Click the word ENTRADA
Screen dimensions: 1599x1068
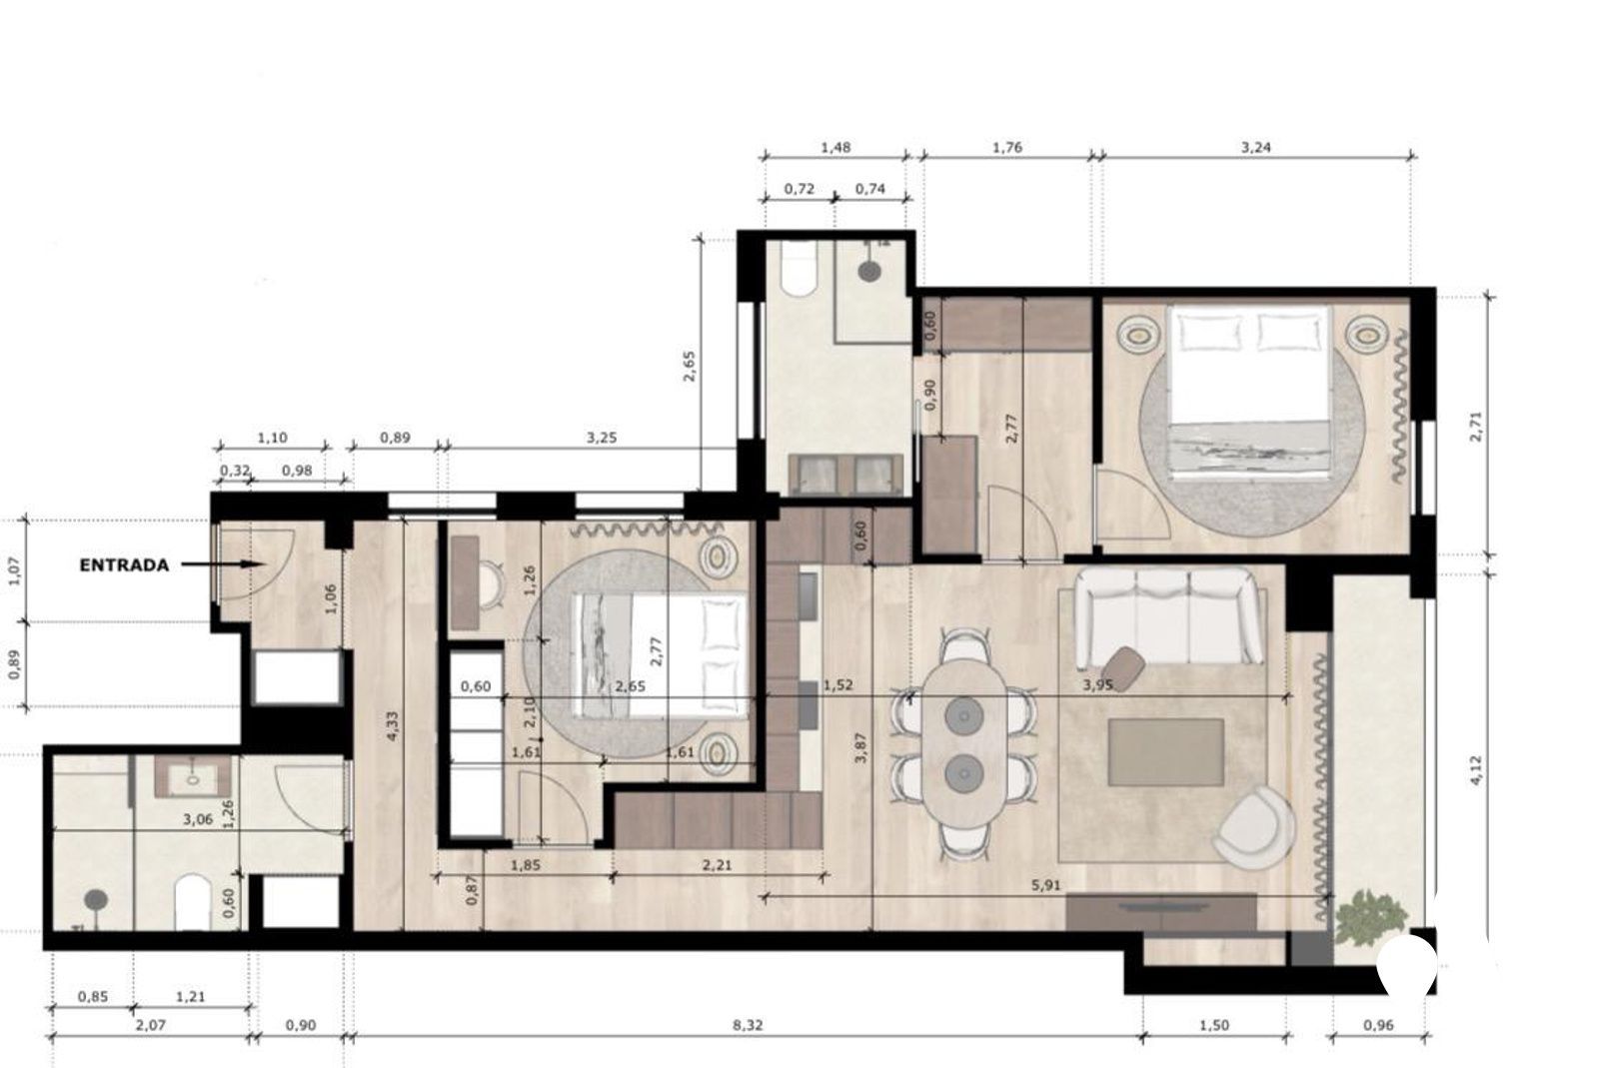coord(124,565)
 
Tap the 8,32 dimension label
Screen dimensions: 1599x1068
coord(748,1025)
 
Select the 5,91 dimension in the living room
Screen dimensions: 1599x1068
coord(1045,885)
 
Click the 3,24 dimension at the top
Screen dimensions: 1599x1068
coord(1255,148)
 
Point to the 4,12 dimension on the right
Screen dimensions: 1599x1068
coord(1475,770)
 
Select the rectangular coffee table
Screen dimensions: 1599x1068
coord(1165,752)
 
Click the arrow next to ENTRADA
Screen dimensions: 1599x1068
coord(223,564)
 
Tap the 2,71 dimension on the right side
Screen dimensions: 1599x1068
coord(1475,426)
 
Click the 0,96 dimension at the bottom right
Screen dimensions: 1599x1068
coord(1378,1025)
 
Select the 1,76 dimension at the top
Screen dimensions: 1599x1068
coord(1007,148)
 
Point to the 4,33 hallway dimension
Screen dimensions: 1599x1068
coord(392,726)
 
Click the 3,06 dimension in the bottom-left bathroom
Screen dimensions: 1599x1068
coord(198,819)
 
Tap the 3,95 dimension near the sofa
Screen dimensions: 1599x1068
coord(1098,685)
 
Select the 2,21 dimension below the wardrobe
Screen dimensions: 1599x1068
coord(718,865)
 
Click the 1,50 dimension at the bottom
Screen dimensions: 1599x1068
coord(1213,1025)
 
